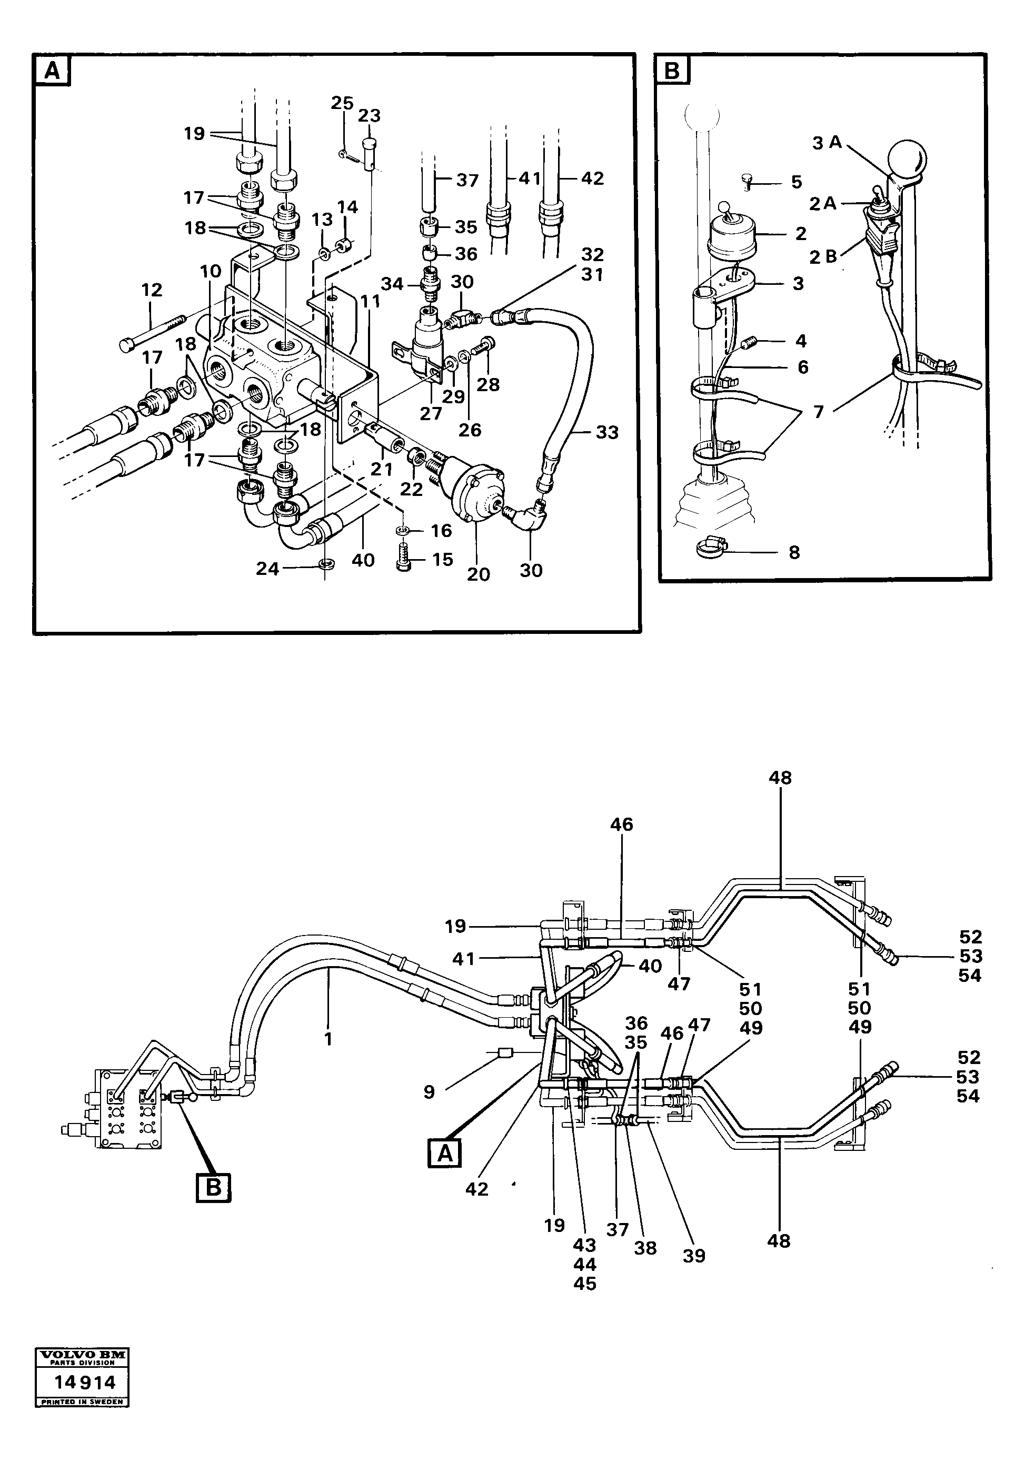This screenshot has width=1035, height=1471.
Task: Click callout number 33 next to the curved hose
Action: pyautogui.click(x=606, y=432)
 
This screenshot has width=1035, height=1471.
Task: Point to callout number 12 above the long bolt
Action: pyautogui.click(x=152, y=290)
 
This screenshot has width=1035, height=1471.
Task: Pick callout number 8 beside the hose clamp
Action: pyautogui.click(x=794, y=552)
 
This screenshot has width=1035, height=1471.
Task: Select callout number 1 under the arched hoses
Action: pyautogui.click(x=329, y=1039)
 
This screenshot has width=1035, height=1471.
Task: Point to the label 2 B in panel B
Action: pyautogui.click(x=823, y=257)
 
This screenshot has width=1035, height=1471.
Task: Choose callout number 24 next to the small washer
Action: pyautogui.click(x=268, y=568)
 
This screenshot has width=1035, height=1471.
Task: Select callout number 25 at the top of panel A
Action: pyautogui.click(x=343, y=103)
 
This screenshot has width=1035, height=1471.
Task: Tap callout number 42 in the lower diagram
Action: pyautogui.click(x=477, y=1188)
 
